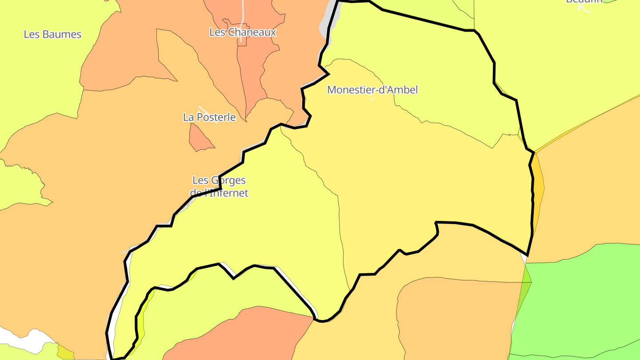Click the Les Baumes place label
pyautogui.click(x=52, y=34)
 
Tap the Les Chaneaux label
pyautogui.click(x=243, y=32)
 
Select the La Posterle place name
pyautogui.click(x=209, y=117)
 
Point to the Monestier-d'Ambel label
pyautogui.click(x=372, y=90)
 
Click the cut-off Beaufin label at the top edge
pyautogui.click(x=584, y=2)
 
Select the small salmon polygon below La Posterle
pyautogui.click(x=200, y=139)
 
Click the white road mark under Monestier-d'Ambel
pyautogui.click(x=372, y=99)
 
